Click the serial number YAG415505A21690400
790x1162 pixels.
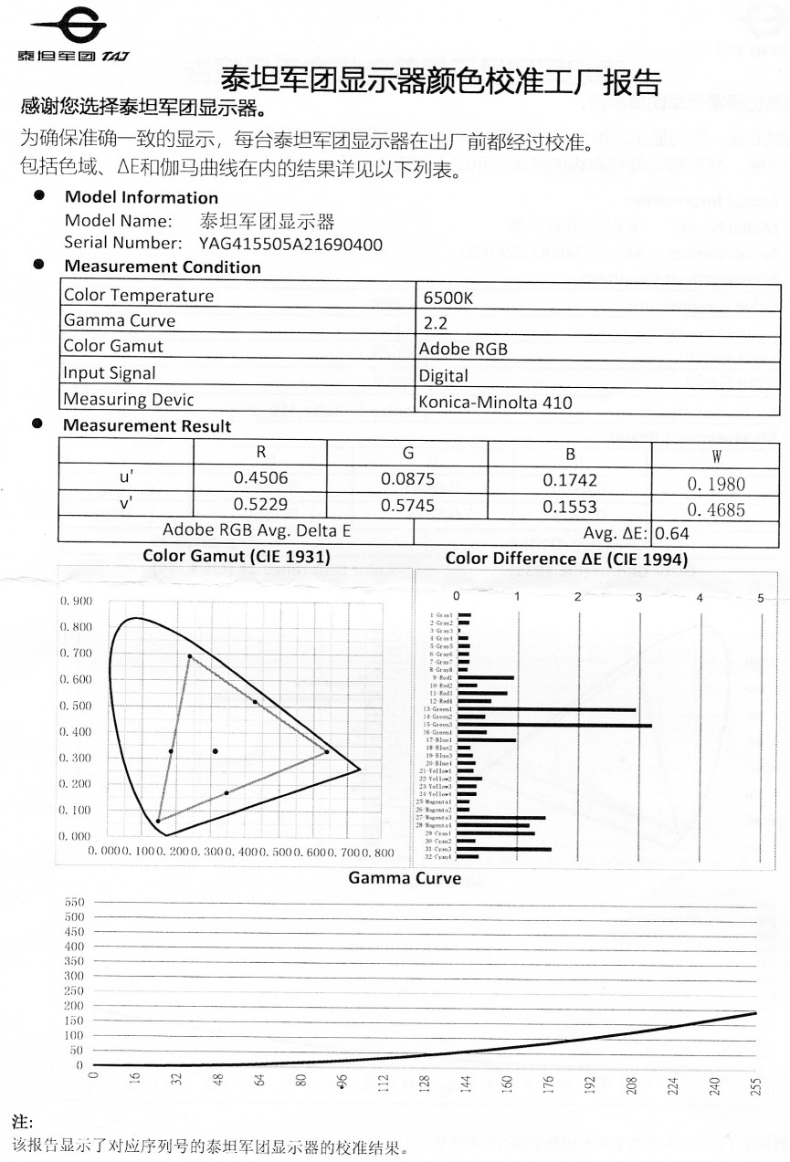click(290, 244)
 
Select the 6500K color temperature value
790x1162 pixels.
click(448, 298)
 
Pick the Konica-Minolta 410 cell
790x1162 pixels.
click(495, 402)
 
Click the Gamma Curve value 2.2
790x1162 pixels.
click(436, 323)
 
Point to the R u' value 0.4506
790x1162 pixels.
click(260, 477)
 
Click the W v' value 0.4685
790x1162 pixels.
click(715, 509)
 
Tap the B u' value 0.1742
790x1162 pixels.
click(570, 477)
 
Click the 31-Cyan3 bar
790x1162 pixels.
click(505, 849)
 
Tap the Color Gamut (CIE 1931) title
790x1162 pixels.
click(237, 556)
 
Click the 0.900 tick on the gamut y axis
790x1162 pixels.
click(76, 602)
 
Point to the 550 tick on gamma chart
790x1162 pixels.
click(73, 902)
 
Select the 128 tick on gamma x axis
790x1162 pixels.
click(425, 1083)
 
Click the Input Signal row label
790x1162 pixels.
click(109, 373)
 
